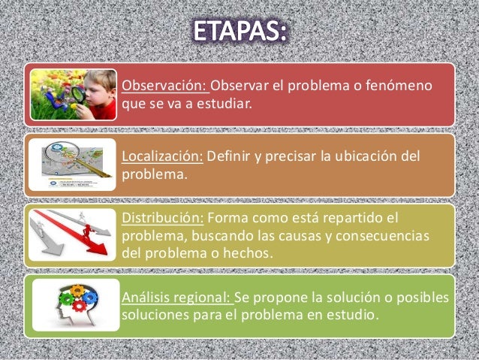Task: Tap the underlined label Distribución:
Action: pyautogui.click(x=161, y=219)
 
